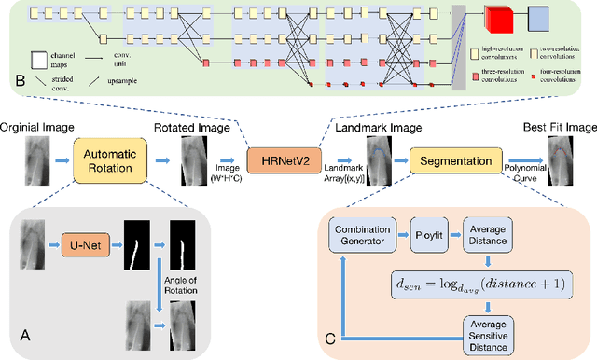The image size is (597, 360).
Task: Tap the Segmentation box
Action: [456, 159]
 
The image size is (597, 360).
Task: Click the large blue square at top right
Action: [541, 19]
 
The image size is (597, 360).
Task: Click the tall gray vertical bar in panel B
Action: [458, 47]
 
